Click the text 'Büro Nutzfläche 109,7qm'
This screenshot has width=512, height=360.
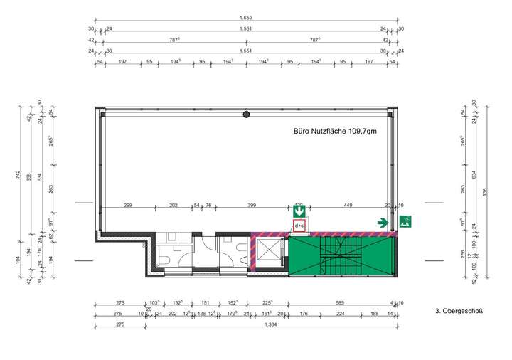tap(336, 132)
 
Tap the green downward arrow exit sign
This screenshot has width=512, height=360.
tap(299, 211)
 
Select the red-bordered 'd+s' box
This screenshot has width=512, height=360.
tap(299, 227)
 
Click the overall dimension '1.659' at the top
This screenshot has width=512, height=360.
tap(246, 18)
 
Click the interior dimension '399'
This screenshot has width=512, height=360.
tap(252, 205)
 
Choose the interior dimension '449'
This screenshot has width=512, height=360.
tap(348, 205)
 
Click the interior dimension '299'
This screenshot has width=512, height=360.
tap(128, 205)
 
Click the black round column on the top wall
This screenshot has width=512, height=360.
tap(246, 114)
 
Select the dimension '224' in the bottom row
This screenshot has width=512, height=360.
tap(341, 313)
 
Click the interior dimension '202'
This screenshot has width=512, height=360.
tap(173, 205)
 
